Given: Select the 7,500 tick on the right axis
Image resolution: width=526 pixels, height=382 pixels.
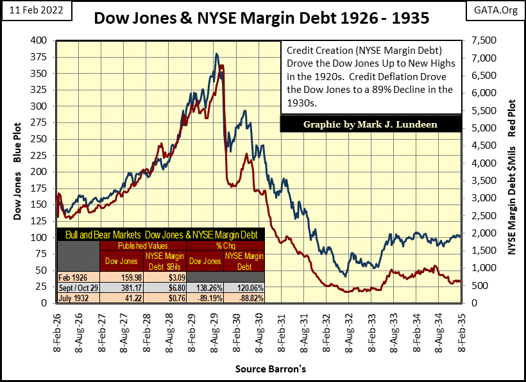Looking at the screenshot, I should [x=483, y=40].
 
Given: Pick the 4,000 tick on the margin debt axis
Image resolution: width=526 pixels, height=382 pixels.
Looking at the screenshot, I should [x=483, y=163].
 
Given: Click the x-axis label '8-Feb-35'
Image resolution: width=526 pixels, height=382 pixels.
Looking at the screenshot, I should [x=459, y=332].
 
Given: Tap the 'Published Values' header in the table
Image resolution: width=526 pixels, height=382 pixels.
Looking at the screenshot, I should [x=142, y=245].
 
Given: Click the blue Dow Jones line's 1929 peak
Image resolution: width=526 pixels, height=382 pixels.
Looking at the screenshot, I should [x=217, y=54].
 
